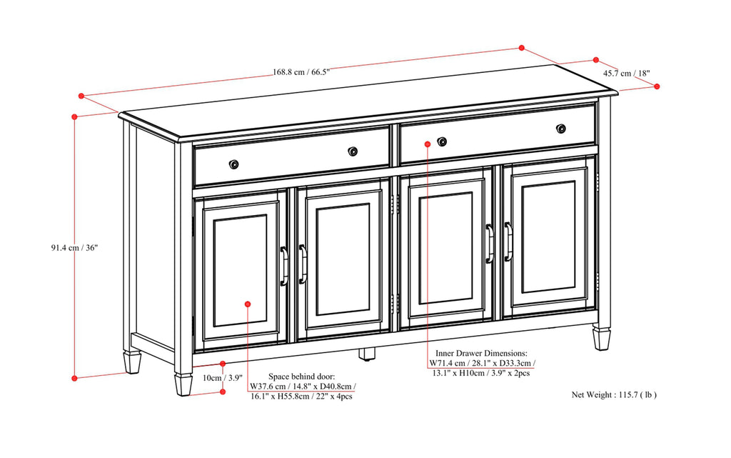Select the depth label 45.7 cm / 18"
[x=626, y=73]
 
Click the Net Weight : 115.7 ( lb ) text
[x=614, y=394]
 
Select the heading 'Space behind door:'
[x=301, y=377]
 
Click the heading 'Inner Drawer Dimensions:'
[x=481, y=353]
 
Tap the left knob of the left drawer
[x=233, y=164]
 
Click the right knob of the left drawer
[x=353, y=151]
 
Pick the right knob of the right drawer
[x=560, y=129]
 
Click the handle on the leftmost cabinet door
[x=283, y=266]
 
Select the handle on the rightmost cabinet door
[x=508, y=241]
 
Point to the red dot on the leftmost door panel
[x=248, y=304]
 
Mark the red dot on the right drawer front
[x=427, y=144]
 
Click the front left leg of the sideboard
[x=183, y=384]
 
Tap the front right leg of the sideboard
[x=601, y=338]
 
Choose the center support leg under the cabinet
[x=367, y=353]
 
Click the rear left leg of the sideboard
[x=132, y=362]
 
